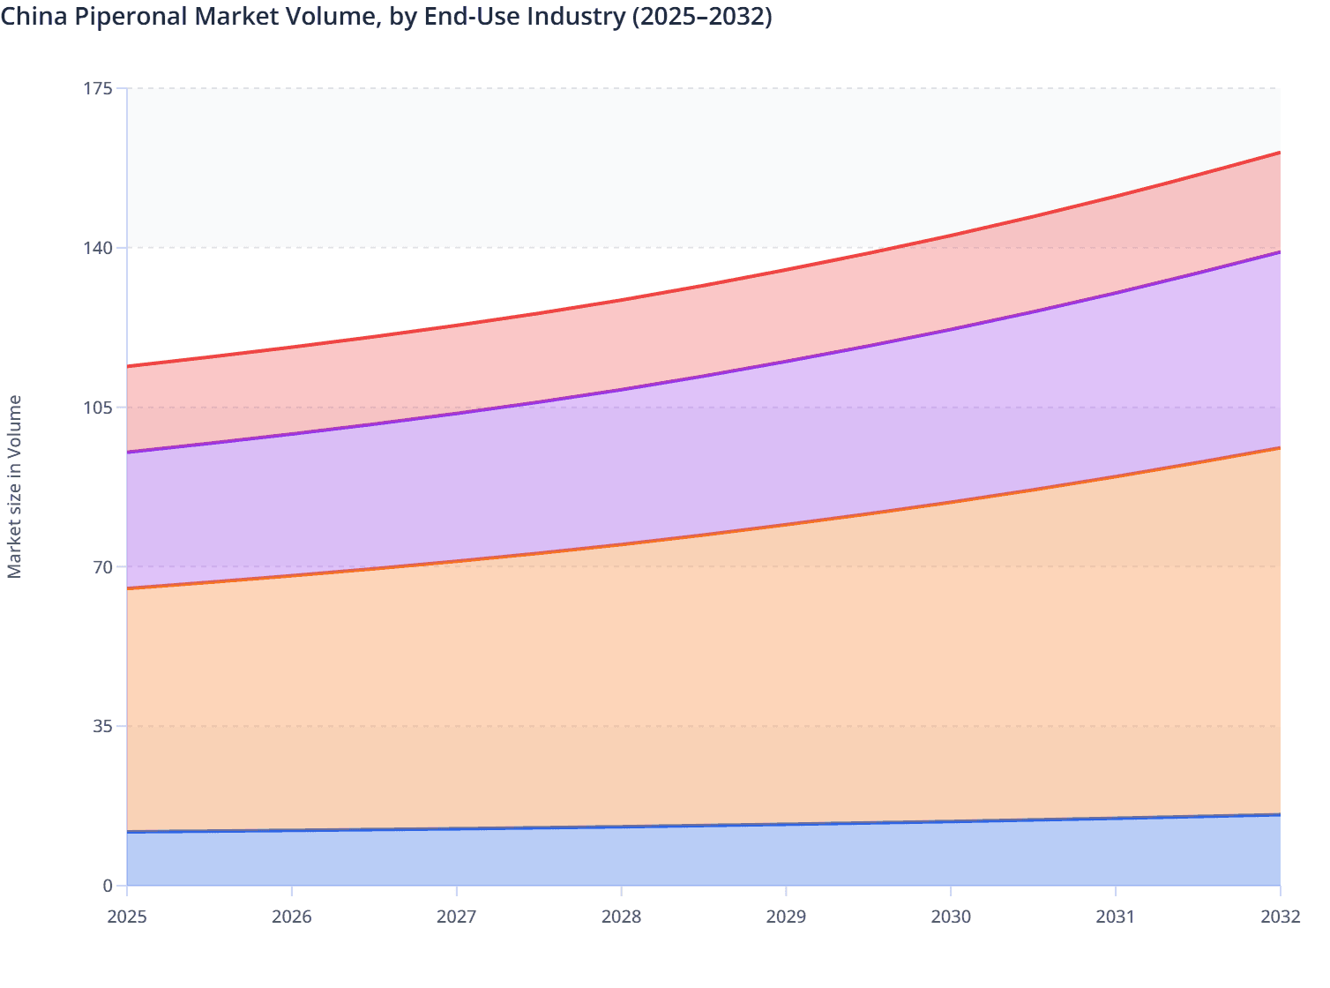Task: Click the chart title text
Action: pyautogui.click(x=386, y=17)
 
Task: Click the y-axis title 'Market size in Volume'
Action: pyautogui.click(x=14, y=487)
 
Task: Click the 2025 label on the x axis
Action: pyautogui.click(x=127, y=917)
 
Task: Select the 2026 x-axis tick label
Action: pyautogui.click(x=292, y=917)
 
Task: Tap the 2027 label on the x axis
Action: pyautogui.click(x=457, y=917)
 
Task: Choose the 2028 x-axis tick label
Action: pyautogui.click(x=622, y=917)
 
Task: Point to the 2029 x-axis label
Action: pyautogui.click(x=786, y=917)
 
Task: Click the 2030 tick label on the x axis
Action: pyautogui.click(x=951, y=917)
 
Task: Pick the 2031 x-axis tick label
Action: pyautogui.click(x=1116, y=917)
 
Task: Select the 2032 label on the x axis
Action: pyautogui.click(x=1280, y=917)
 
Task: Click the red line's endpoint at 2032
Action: pyautogui.click(x=1280, y=153)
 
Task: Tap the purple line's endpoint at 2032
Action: pyautogui.click(x=1280, y=252)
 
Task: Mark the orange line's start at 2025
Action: pyautogui.click(x=128, y=588)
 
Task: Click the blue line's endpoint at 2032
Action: pyautogui.click(x=1280, y=814)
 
